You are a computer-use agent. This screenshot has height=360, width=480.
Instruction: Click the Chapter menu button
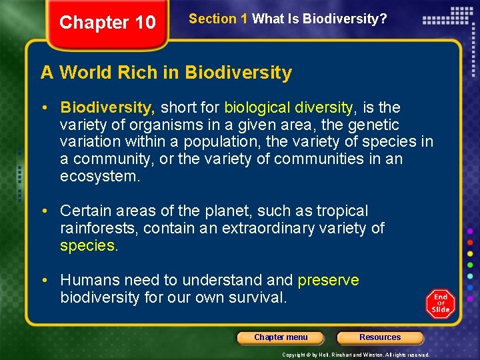pyautogui.click(x=281, y=337)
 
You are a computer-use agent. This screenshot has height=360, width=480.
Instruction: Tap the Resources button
pyautogui.click(x=380, y=337)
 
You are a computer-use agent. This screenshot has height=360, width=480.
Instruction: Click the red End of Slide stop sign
pyautogui.click(x=440, y=304)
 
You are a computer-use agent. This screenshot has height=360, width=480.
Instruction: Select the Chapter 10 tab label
pyautogui.click(x=107, y=23)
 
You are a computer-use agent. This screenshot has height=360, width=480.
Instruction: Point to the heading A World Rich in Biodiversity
pyautogui.click(x=166, y=73)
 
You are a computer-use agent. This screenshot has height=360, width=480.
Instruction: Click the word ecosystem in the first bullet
pyautogui.click(x=99, y=177)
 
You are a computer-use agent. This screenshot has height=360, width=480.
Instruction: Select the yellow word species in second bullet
pyautogui.click(x=87, y=246)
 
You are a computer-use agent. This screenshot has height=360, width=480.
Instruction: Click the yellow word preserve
pyautogui.click(x=328, y=280)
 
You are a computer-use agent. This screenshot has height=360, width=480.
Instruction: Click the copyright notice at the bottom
pyautogui.click(x=356, y=355)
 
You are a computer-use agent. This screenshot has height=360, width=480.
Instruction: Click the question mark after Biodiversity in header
pyautogui.click(x=383, y=19)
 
